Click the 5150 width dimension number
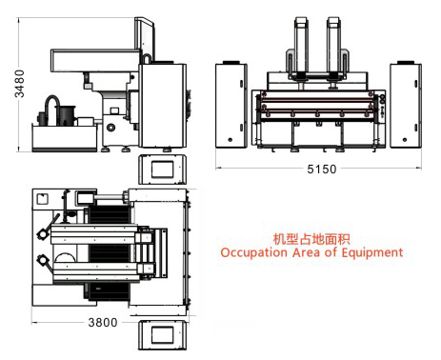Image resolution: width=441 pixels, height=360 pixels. pos(322,169)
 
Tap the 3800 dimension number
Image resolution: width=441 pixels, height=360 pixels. pos(102,322)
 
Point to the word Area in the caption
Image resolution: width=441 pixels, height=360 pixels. pos(305,252)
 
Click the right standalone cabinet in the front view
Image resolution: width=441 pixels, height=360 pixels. pos(410,104)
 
